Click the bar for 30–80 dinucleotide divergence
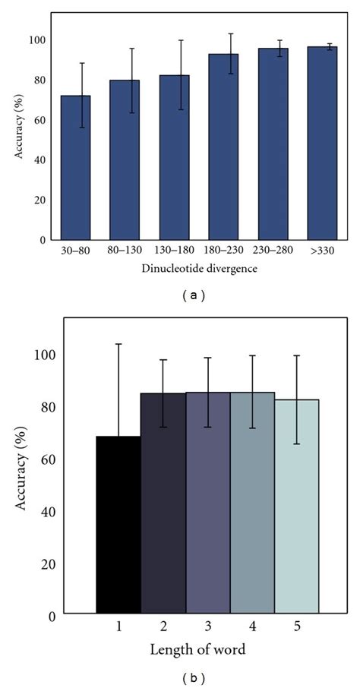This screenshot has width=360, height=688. pyautogui.click(x=75, y=167)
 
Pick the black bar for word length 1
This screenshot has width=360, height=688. pyautogui.click(x=118, y=524)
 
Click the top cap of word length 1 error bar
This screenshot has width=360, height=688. pyautogui.click(x=118, y=344)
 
